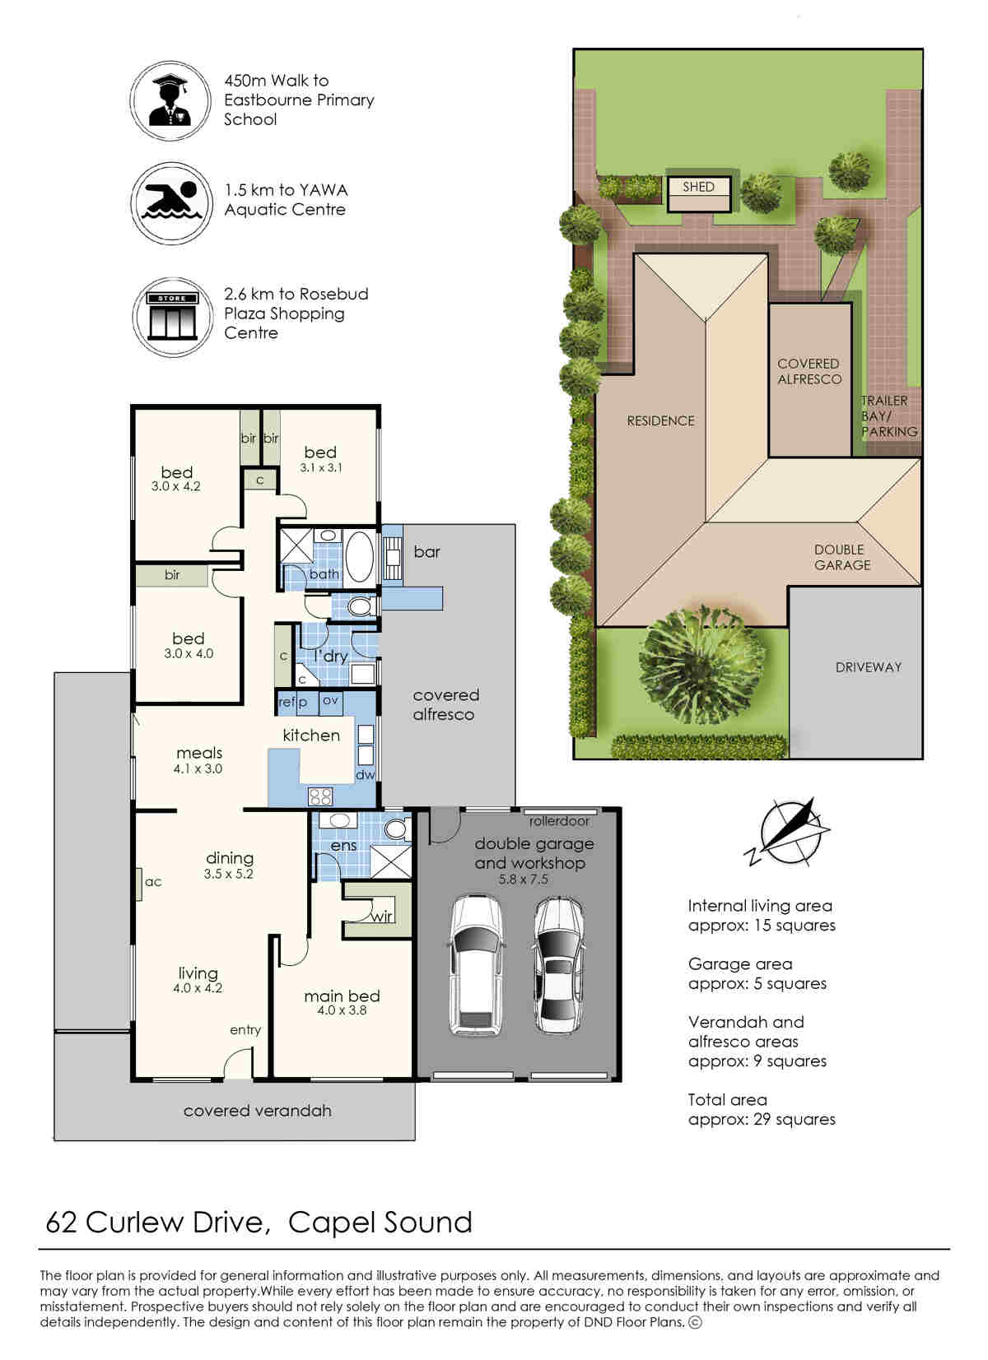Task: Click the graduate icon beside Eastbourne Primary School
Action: pos(170,100)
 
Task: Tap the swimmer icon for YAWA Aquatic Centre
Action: pos(172,202)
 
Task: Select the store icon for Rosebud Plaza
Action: pos(173,316)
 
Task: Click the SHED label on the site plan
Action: pos(698,187)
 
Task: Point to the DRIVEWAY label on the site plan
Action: pos(869,667)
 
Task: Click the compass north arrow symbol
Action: pos(787,832)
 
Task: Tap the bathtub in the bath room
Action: pos(358,557)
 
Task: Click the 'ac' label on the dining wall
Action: pos(153,881)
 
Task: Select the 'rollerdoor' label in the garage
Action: pos(559,821)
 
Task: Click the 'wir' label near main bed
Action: pos(381,917)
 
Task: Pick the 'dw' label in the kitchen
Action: pos(366,774)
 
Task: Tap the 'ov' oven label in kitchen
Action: pos(330,700)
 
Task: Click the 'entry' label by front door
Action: pos(245,1030)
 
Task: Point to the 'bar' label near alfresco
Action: pos(426,551)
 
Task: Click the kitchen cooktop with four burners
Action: pos(320,796)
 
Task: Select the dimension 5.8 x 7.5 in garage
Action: pos(523,879)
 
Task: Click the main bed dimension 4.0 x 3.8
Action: pos(342,1010)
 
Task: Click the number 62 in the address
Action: pos(62,1222)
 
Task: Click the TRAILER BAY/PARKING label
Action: pos(889,415)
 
